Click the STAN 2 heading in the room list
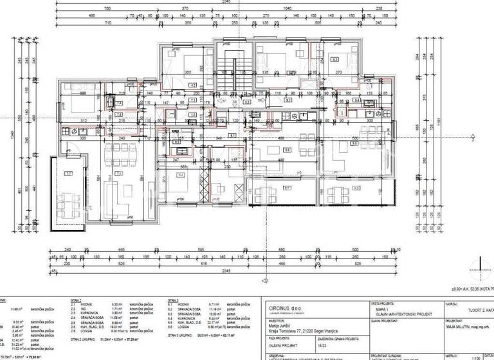[x=76, y=300]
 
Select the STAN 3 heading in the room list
[x=172, y=300]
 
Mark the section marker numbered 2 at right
[x=473, y=136]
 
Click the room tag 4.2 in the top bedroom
[x=192, y=85]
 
